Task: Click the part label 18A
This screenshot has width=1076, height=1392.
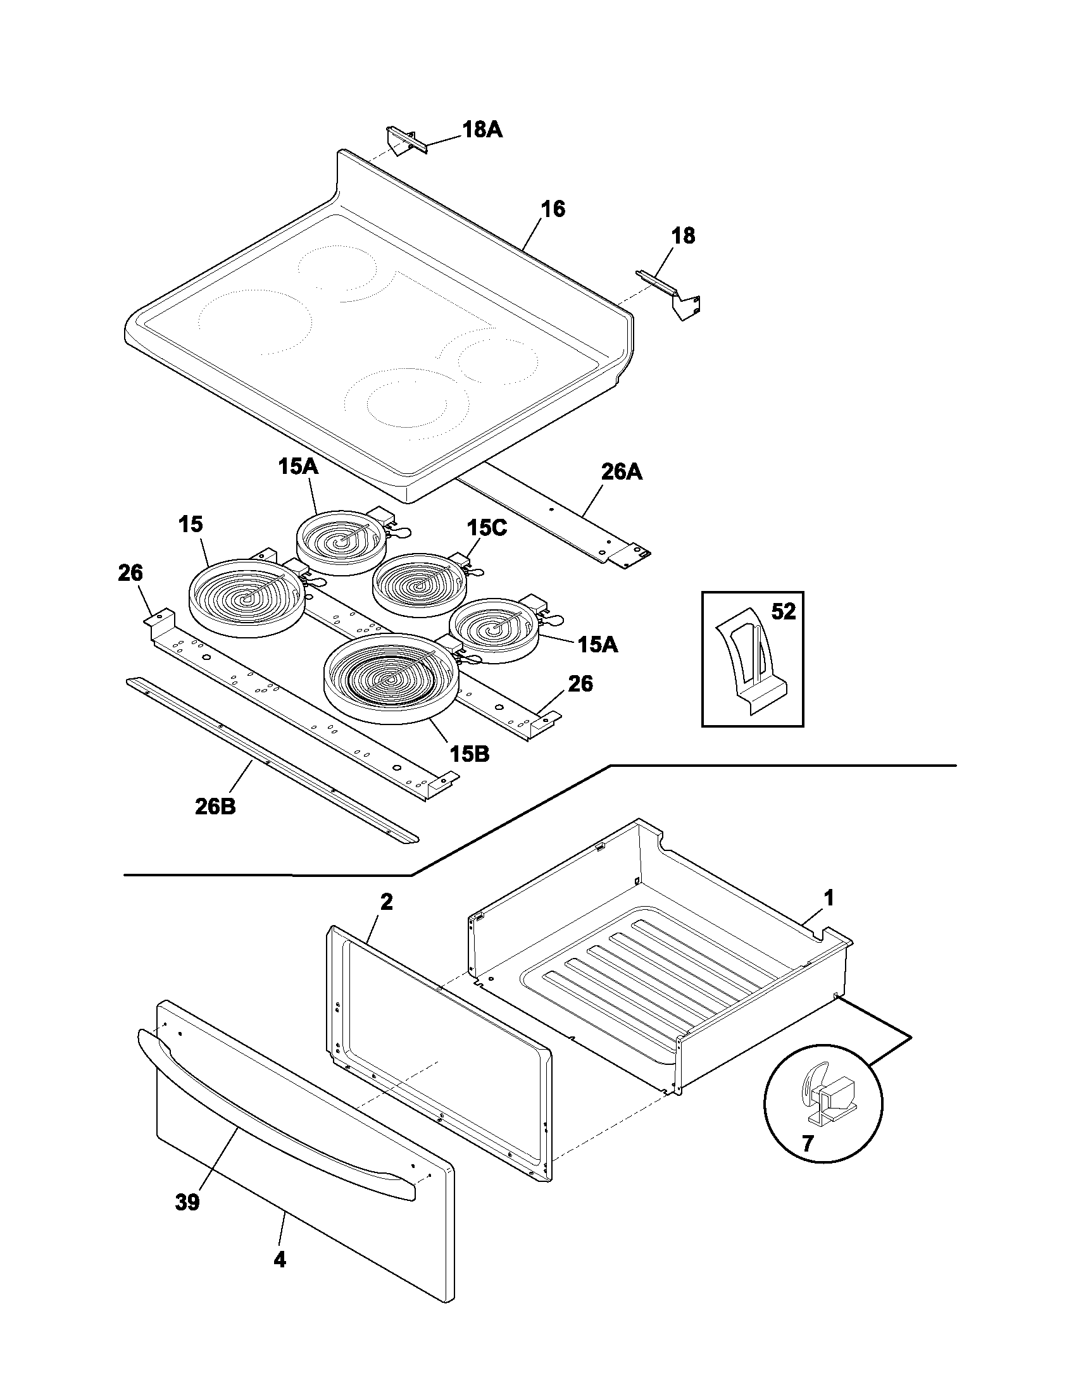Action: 482,130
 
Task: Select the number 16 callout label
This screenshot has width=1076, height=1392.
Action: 553,209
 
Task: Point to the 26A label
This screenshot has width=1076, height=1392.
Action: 622,472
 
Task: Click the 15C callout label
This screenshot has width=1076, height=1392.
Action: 486,528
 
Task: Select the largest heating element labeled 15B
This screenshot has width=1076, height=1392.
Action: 391,676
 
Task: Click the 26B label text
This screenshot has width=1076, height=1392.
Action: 215,806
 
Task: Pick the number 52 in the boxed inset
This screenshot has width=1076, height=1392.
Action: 784,612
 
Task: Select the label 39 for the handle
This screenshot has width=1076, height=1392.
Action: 187,1202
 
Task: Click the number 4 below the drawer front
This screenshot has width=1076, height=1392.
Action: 280,1259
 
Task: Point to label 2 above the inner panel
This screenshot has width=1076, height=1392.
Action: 386,902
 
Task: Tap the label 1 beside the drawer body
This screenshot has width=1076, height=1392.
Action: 828,898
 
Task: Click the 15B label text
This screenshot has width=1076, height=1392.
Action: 469,754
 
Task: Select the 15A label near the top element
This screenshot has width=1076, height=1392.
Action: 297,466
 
